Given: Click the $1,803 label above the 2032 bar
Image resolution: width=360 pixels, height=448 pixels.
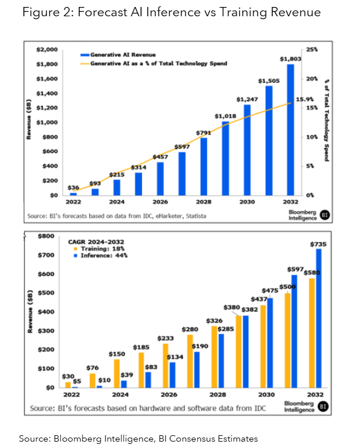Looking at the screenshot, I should [290, 58].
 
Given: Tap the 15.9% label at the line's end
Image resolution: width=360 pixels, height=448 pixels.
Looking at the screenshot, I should [304, 99].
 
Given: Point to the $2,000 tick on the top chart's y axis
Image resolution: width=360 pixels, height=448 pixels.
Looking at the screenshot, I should [45, 50].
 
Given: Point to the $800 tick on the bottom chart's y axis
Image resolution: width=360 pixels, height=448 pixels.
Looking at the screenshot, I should [45, 236].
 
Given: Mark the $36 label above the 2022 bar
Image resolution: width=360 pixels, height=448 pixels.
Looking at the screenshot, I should [74, 187].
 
